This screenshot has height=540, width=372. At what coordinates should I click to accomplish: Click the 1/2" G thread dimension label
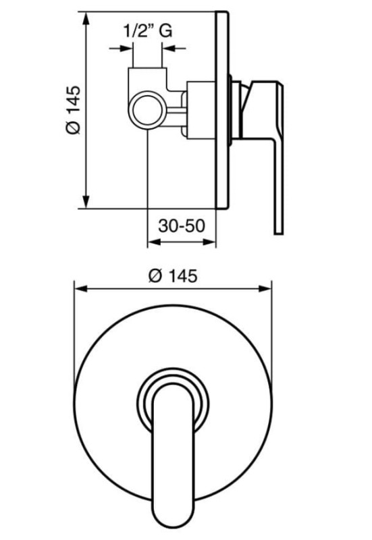(x=147, y=31)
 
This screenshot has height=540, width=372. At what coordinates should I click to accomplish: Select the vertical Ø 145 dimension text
(x=73, y=110)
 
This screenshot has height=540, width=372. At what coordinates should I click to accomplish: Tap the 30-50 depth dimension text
(x=182, y=226)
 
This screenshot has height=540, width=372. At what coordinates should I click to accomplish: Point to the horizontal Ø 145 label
(x=173, y=276)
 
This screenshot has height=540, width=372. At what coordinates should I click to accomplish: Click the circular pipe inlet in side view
(x=147, y=111)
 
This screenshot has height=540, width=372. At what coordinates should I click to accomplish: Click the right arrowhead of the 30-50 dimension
(x=209, y=242)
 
